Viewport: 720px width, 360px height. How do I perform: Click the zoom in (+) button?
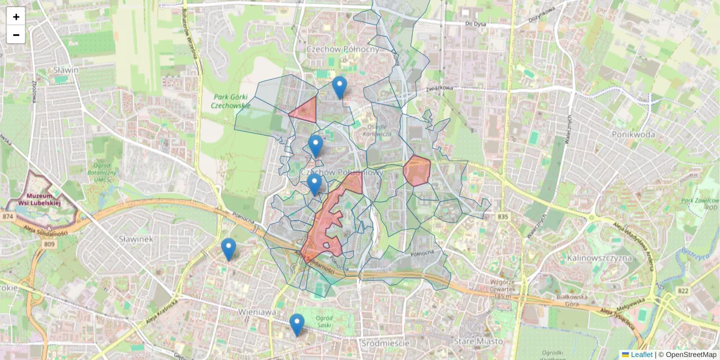[16, 17]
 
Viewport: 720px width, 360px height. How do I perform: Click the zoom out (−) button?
[16, 35]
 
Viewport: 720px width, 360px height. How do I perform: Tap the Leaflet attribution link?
[641, 355]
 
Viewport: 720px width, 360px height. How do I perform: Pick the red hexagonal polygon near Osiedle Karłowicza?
[416, 170]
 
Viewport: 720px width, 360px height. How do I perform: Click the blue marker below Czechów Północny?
[340, 88]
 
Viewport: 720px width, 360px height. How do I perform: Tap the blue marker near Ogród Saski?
[296, 325]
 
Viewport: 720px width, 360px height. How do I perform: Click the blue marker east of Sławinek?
[228, 249]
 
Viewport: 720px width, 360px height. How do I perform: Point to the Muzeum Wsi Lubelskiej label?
[44, 199]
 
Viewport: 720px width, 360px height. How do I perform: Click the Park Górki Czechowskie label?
[231, 101]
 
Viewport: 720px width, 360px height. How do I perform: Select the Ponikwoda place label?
[633, 134]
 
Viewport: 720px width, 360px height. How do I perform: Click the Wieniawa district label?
[256, 312]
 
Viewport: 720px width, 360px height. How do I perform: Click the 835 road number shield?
[503, 216]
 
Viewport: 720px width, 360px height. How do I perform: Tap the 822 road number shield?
[683, 291]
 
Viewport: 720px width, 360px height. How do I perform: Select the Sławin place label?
[66, 70]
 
